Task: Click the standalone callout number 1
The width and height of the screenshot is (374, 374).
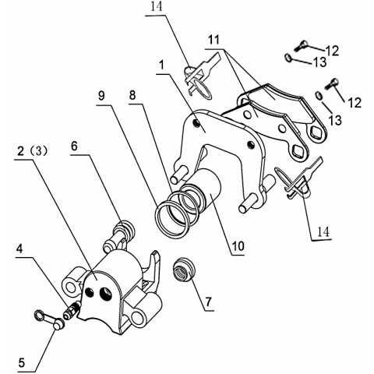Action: pos(162,65)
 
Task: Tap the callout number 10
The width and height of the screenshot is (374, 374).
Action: pos(238,246)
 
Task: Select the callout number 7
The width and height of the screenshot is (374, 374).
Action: pos(209,302)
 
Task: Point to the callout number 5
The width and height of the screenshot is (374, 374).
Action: pos(21,362)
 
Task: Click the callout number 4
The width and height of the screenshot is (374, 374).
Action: pos(19,249)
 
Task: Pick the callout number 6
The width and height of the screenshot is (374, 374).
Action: pos(74,146)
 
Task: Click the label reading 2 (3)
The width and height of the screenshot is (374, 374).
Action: pos(33,151)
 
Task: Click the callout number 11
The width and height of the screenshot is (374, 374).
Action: pos(213,40)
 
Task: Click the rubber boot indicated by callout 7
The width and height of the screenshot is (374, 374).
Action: pos(185,271)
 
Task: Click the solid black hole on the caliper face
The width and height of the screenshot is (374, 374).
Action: pos(90,292)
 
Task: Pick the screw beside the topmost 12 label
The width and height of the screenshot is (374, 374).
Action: pos(301,46)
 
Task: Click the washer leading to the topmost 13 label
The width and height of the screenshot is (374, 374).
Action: pos(288,58)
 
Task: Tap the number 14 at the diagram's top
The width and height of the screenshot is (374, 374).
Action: pos(157,7)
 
